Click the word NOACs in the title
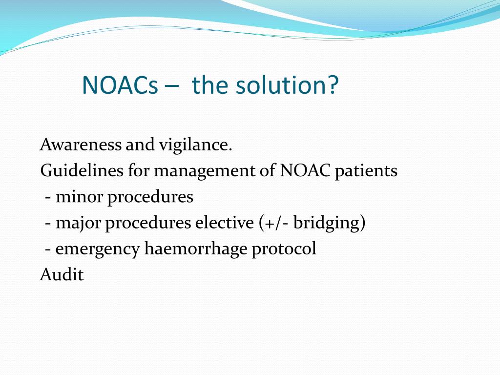click(120, 85)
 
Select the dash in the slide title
click(172, 86)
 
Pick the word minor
click(79, 197)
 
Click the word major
click(79, 223)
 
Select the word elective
click(224, 223)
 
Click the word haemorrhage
click(196, 249)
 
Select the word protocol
click(284, 249)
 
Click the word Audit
click(62, 274)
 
